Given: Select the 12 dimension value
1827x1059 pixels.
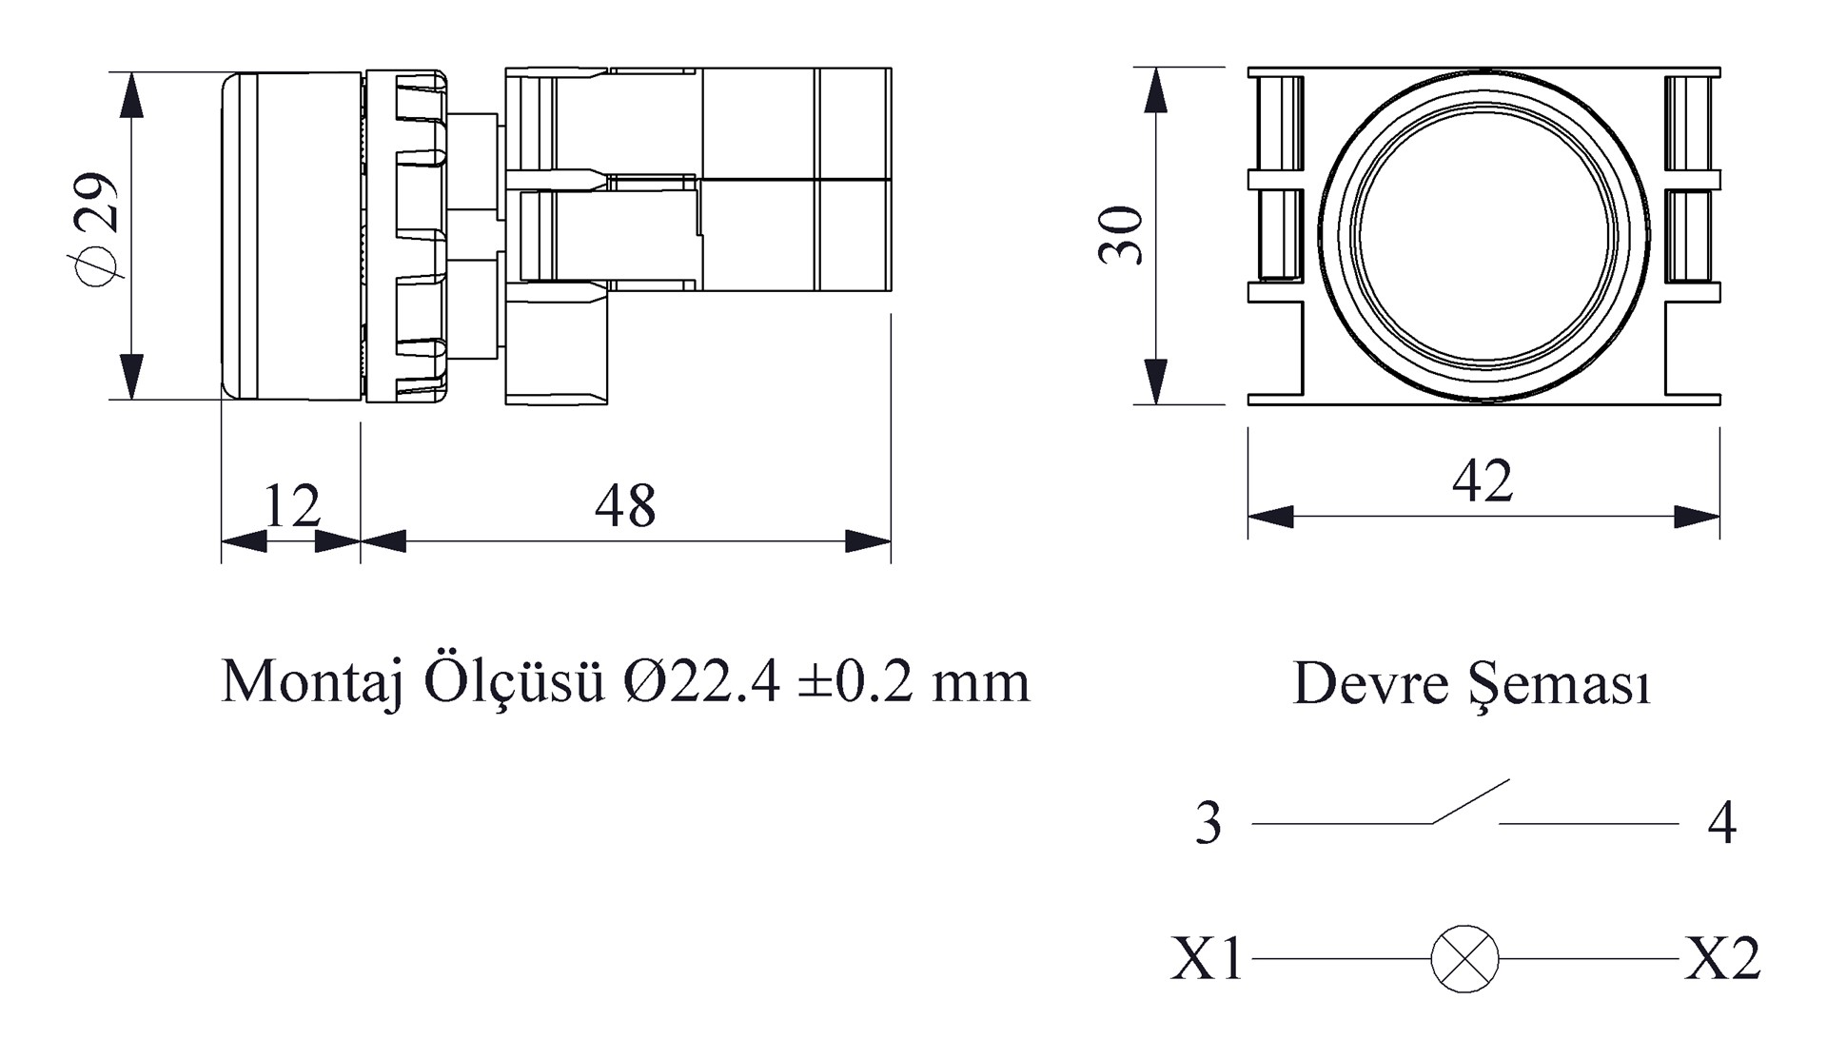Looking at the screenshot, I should (x=291, y=506).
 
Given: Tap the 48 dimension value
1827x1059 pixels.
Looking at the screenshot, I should (x=625, y=506).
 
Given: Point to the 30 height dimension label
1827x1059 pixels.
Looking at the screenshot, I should (x=1121, y=235).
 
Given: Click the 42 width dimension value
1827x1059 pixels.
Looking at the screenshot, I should (x=1483, y=481).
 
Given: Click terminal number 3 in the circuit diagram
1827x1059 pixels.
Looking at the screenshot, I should (x=1208, y=824).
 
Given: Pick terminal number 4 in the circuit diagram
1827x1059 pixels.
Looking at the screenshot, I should (x=1721, y=824).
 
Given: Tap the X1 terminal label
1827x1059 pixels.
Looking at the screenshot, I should (x=1206, y=959).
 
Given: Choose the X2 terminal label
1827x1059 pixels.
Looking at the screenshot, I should (x=1722, y=959).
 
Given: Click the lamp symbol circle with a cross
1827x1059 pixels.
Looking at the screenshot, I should (x=1464, y=959).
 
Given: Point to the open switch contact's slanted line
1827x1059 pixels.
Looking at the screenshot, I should (x=1471, y=801).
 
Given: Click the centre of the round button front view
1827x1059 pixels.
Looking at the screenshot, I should (x=1483, y=235).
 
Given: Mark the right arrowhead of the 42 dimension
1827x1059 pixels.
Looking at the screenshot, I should (x=1699, y=518).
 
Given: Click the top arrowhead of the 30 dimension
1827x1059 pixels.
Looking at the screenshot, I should (x=1155, y=89).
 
